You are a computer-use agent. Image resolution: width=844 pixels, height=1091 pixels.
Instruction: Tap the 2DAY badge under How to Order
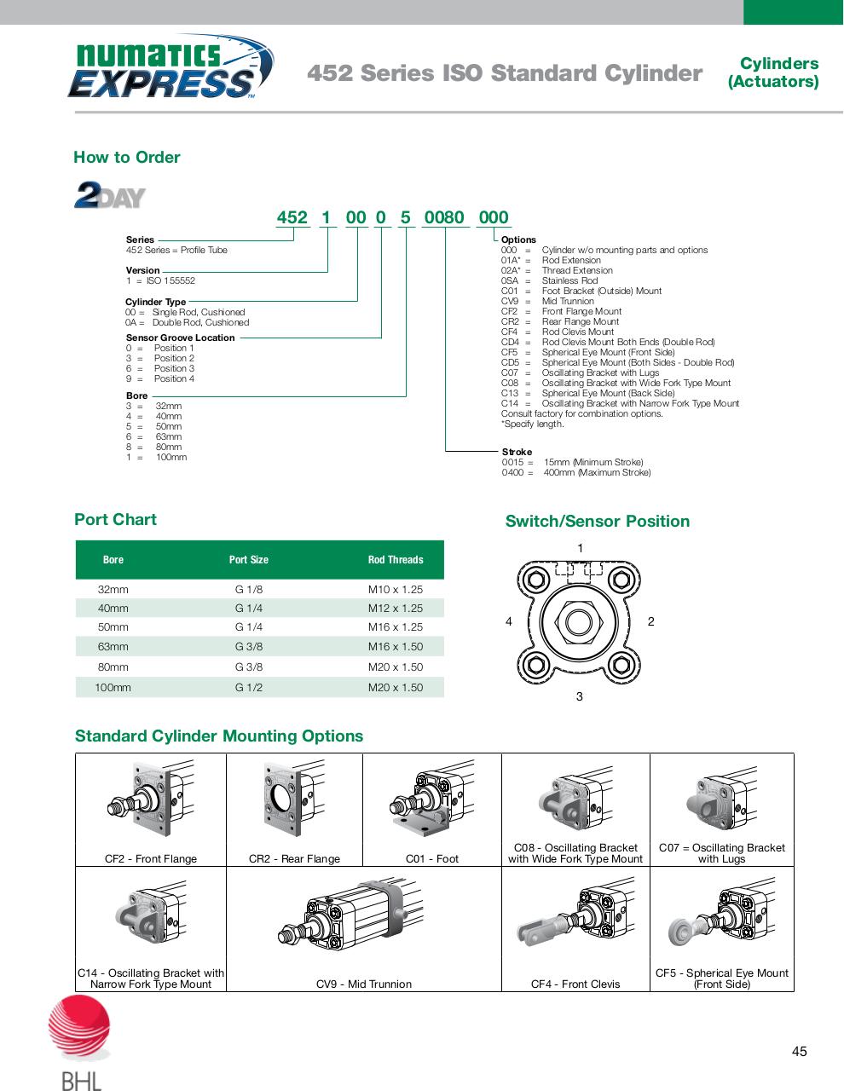point(110,195)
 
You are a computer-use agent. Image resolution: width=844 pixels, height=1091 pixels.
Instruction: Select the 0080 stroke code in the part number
point(444,217)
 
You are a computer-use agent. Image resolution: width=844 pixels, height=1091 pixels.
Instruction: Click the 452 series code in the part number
point(292,217)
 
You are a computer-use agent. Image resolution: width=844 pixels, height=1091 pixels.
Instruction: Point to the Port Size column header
point(248,560)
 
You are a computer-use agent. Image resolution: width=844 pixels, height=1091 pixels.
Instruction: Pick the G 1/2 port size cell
point(249,687)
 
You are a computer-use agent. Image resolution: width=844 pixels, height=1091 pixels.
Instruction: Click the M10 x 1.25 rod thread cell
point(395,589)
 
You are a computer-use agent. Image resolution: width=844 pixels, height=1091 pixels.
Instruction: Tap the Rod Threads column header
point(395,560)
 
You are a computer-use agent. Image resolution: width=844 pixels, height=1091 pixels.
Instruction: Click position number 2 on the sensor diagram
point(650,621)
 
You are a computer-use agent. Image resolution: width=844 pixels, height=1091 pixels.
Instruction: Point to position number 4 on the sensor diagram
point(509,621)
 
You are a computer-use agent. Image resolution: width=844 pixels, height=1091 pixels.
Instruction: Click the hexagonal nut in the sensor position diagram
point(579,620)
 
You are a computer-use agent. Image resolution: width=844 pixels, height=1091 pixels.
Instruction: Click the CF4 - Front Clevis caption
point(575,984)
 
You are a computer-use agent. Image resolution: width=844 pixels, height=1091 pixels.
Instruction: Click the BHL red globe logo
point(79,1029)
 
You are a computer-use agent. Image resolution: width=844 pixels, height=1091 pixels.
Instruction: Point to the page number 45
point(799,1051)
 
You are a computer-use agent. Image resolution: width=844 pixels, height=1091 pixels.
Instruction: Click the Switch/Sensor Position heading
point(597,522)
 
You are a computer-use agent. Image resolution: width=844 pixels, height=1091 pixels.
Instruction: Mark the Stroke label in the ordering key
point(517,452)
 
